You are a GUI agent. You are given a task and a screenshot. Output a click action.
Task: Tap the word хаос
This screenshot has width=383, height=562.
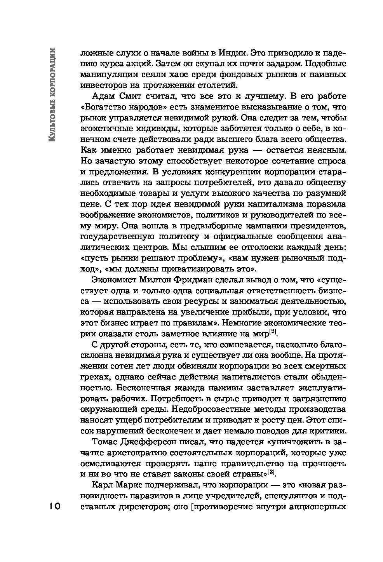pos(175,74)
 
